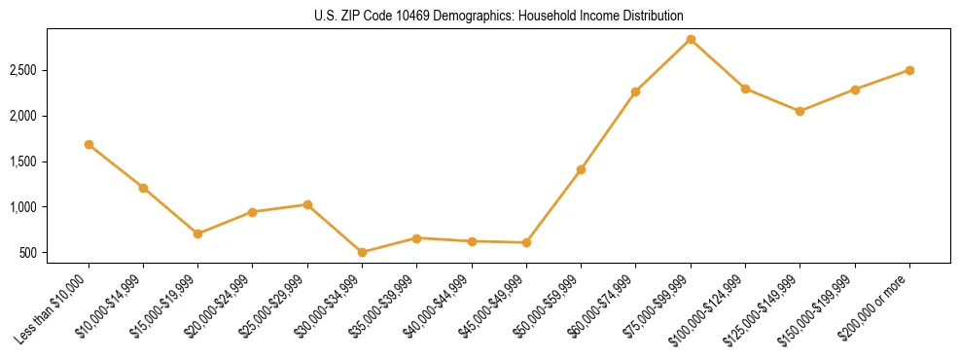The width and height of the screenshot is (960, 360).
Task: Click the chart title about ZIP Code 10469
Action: [x=499, y=17]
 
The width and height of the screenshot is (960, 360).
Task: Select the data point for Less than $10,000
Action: [x=89, y=144]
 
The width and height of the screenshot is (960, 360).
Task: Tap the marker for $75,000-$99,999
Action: [x=691, y=40]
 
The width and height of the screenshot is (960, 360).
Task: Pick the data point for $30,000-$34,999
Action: [x=362, y=252]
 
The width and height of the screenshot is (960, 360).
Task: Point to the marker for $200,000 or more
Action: [x=909, y=70]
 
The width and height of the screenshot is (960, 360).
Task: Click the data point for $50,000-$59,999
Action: [x=581, y=169]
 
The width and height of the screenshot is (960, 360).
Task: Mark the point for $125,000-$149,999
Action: [x=800, y=111]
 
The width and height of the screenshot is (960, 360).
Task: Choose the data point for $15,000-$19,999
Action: [x=197, y=234]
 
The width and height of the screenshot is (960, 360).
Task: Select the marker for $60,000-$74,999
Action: [x=635, y=91]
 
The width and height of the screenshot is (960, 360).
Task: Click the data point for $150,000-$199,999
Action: [x=855, y=90]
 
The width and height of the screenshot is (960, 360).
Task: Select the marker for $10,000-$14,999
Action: [x=143, y=188]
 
